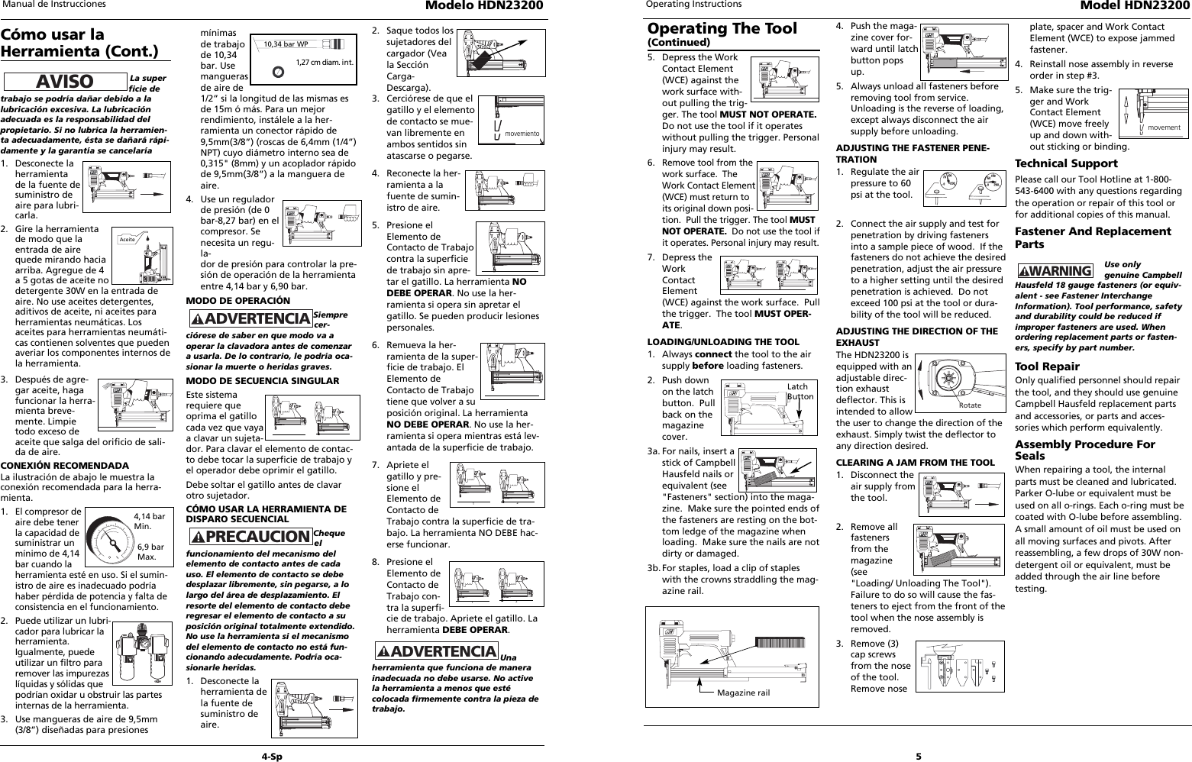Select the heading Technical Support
pos(1065,163)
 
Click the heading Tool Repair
pos(1047,366)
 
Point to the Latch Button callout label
pos(800,392)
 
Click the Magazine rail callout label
pos(743,693)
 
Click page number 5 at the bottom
pos(919,756)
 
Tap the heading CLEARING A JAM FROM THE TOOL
pos(915,462)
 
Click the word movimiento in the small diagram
pos(522,134)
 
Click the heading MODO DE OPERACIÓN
pos(238,300)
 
